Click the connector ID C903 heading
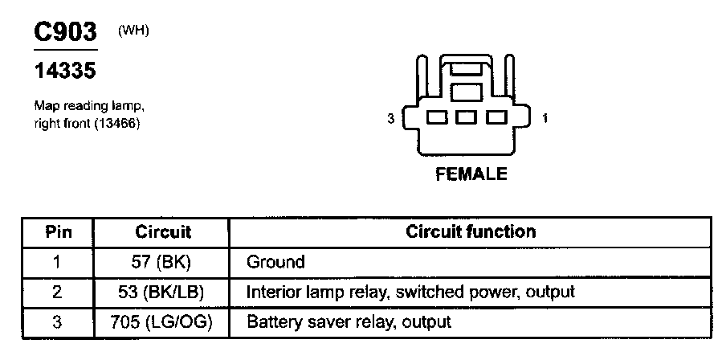click(64, 32)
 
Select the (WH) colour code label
click(134, 31)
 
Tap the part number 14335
click(64, 72)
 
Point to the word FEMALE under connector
click(471, 174)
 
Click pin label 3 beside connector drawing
click(390, 119)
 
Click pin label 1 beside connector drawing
click(545, 119)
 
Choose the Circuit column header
click(163, 232)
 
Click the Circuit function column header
click(471, 231)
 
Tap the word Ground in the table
click(275, 261)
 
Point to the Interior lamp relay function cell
click(410, 292)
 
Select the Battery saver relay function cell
click(349, 322)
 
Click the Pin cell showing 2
click(56, 292)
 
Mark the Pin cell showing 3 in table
click(56, 322)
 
